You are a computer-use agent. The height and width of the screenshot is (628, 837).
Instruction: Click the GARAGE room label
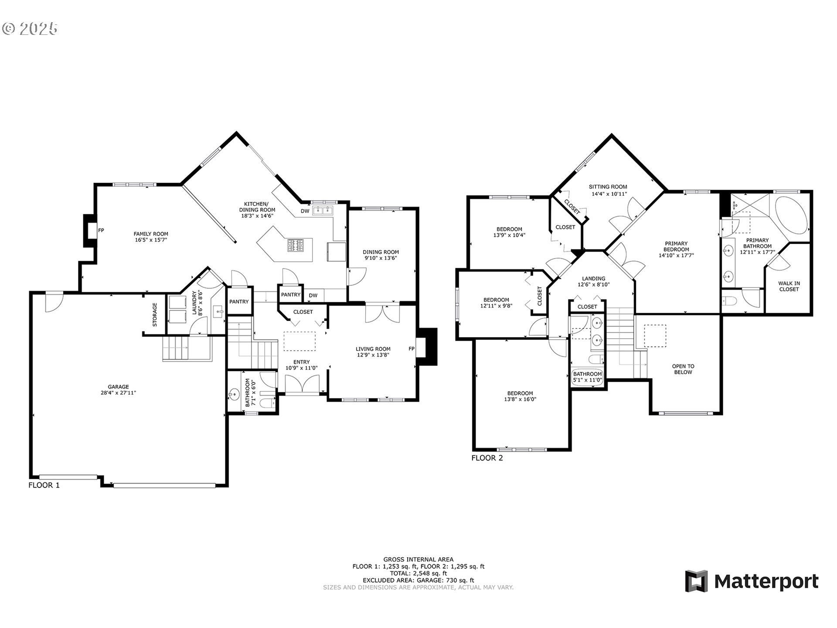118,387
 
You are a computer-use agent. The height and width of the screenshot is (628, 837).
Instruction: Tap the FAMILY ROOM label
151,234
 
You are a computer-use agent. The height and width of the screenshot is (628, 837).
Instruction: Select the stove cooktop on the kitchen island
294,246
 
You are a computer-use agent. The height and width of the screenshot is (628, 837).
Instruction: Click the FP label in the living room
411,348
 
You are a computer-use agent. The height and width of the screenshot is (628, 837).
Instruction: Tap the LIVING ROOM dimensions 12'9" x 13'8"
373,355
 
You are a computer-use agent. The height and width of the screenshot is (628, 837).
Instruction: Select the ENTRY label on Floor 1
301,362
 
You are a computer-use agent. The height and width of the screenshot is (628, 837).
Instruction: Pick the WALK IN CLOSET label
789,286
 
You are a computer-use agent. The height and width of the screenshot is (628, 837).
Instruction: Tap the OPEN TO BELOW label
683,369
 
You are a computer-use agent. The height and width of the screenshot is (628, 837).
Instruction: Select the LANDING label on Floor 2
593,279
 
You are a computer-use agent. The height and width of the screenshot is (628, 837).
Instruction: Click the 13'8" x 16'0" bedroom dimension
520,399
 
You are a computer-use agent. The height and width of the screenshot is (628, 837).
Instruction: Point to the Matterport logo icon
696,581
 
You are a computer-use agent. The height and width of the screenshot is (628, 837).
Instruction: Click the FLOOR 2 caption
487,458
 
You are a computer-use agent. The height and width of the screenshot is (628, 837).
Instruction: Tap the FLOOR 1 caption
44,485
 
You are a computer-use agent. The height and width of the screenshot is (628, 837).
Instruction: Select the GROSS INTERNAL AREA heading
418,559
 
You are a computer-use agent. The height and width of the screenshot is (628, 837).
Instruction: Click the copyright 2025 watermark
30,29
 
